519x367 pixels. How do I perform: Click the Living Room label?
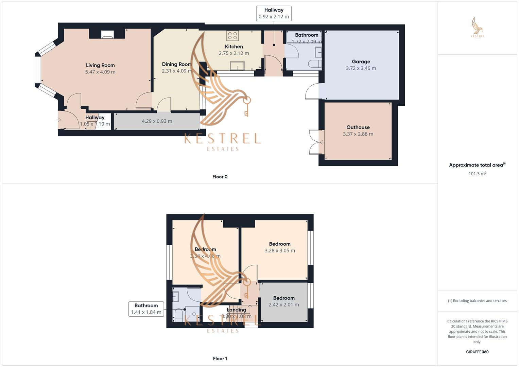click(x=100, y=65)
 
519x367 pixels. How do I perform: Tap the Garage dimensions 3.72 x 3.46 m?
click(x=361, y=68)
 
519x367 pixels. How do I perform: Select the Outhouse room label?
click(x=358, y=127)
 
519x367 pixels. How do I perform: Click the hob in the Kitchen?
click(x=232, y=36)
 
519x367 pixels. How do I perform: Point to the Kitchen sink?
click(x=237, y=66)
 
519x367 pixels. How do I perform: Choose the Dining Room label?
click(x=177, y=64)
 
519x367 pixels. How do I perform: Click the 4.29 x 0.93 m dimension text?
click(x=157, y=121)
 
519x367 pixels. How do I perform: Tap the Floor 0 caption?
click(x=220, y=177)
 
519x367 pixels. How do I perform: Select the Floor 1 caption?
click(x=220, y=359)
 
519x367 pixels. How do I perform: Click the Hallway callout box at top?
click(x=274, y=13)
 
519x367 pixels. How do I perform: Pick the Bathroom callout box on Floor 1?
click(x=146, y=309)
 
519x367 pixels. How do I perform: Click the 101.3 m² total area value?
click(x=477, y=174)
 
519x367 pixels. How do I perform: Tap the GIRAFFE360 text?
click(x=477, y=352)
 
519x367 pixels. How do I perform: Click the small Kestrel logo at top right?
click(x=478, y=28)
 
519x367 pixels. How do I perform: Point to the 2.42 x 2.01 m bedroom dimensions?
click(x=284, y=305)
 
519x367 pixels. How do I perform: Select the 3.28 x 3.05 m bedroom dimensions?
click(x=280, y=251)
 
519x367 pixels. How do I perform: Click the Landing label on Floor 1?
click(x=236, y=310)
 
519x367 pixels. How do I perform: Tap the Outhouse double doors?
click(x=315, y=142)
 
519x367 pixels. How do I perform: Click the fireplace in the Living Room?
click(x=108, y=34)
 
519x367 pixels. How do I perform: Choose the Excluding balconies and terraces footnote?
click(x=477, y=301)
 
